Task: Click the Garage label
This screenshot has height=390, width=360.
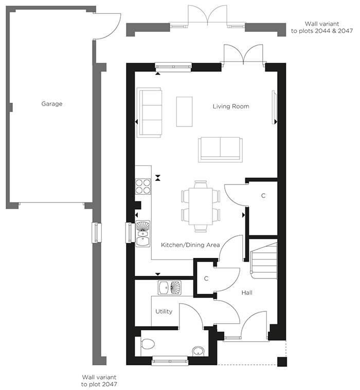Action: pos(52,104)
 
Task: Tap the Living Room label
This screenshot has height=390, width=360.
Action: pos(231,106)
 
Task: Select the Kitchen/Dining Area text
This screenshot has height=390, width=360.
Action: pos(190,245)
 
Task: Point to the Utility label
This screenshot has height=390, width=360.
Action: pos(164,311)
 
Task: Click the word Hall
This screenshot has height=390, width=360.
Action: pos(247,293)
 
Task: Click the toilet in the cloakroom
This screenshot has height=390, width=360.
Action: pos(148,344)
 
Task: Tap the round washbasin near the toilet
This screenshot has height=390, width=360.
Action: pos(198,351)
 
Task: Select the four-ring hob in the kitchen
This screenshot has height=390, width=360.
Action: pos(143,187)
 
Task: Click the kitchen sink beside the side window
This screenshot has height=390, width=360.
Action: pos(142,234)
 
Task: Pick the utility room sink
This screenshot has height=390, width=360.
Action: pos(170,288)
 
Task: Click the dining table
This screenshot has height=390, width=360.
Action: pos(201,206)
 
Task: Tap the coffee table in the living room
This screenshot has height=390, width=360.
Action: pos(184,112)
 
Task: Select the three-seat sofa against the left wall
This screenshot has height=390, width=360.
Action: pos(149,113)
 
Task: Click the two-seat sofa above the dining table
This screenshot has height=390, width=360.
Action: pos(220,150)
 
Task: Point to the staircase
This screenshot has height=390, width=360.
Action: pos(264,261)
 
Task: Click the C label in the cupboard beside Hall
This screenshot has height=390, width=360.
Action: pos(206,278)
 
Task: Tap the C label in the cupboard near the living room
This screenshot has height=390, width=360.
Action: pos(263,196)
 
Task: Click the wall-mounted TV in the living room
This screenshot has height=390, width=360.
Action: pos(274,107)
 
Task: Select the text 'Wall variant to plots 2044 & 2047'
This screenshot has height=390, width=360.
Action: pos(322,27)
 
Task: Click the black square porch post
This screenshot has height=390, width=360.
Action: pos(282,362)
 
